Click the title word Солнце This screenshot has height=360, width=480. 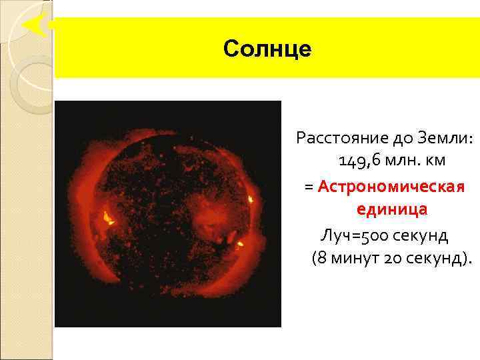point(267,49)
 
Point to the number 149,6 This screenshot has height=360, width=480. point(359,162)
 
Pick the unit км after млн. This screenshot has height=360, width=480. point(436,162)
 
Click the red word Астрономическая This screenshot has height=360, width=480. point(391,186)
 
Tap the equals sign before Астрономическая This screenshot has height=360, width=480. point(309,187)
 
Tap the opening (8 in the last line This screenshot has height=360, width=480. point(318,258)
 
